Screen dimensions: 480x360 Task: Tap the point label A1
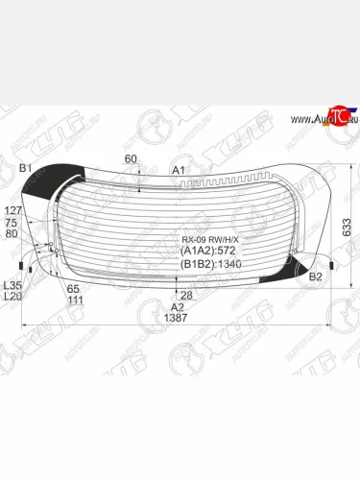178,170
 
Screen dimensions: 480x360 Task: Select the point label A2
177,307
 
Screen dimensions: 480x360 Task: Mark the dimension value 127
12,210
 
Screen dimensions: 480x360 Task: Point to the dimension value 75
12,222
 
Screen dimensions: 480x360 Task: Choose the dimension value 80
12,233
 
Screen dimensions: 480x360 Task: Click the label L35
12,285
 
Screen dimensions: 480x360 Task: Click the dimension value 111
74,300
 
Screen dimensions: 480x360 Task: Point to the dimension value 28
187,295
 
